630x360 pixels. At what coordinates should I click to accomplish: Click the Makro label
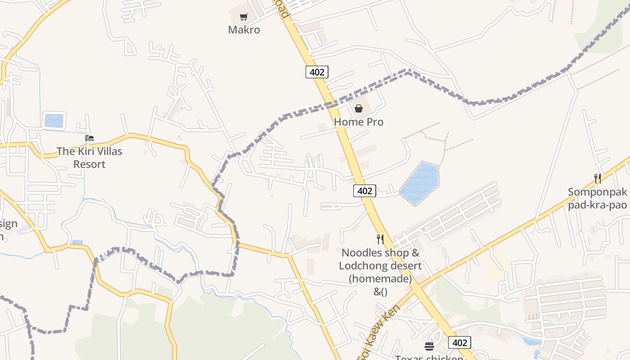coord(244,30)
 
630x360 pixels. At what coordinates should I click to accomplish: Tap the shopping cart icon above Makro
coord(243,17)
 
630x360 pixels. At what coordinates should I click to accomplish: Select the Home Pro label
coord(359,121)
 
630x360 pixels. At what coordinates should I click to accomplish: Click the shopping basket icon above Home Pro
coord(359,108)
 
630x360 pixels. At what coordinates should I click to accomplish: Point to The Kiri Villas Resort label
coord(90,157)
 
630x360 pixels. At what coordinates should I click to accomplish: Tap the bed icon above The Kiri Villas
coord(90,138)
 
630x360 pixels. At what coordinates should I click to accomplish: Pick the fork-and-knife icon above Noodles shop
coord(380,239)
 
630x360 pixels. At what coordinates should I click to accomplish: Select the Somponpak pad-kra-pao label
coord(597,198)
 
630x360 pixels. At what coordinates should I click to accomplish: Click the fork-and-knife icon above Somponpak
coord(598,179)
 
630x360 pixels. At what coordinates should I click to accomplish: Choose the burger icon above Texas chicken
coord(429,346)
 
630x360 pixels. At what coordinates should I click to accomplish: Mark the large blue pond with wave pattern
coord(419,184)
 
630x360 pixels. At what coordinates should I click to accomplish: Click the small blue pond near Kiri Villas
coord(54,121)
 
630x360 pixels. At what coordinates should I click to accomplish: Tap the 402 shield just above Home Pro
coord(317,72)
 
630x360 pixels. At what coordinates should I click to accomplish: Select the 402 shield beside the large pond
coord(364,191)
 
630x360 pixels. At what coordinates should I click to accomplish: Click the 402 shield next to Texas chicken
coord(459,342)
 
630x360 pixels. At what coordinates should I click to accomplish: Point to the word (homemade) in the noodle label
coord(380,279)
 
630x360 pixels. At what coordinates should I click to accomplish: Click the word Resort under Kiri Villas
coord(90,164)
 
